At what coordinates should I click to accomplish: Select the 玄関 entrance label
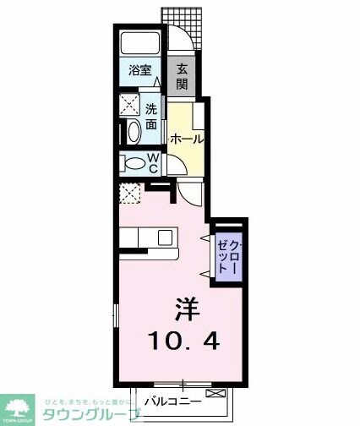(182, 78)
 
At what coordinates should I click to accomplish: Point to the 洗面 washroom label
(150, 116)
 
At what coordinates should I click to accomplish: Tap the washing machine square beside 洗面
(129, 106)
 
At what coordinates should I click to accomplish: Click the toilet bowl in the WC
(136, 163)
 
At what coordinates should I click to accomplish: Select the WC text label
(155, 163)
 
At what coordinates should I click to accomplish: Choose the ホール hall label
(186, 139)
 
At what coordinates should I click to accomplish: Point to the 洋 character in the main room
(188, 309)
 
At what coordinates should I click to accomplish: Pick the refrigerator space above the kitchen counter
(131, 194)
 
